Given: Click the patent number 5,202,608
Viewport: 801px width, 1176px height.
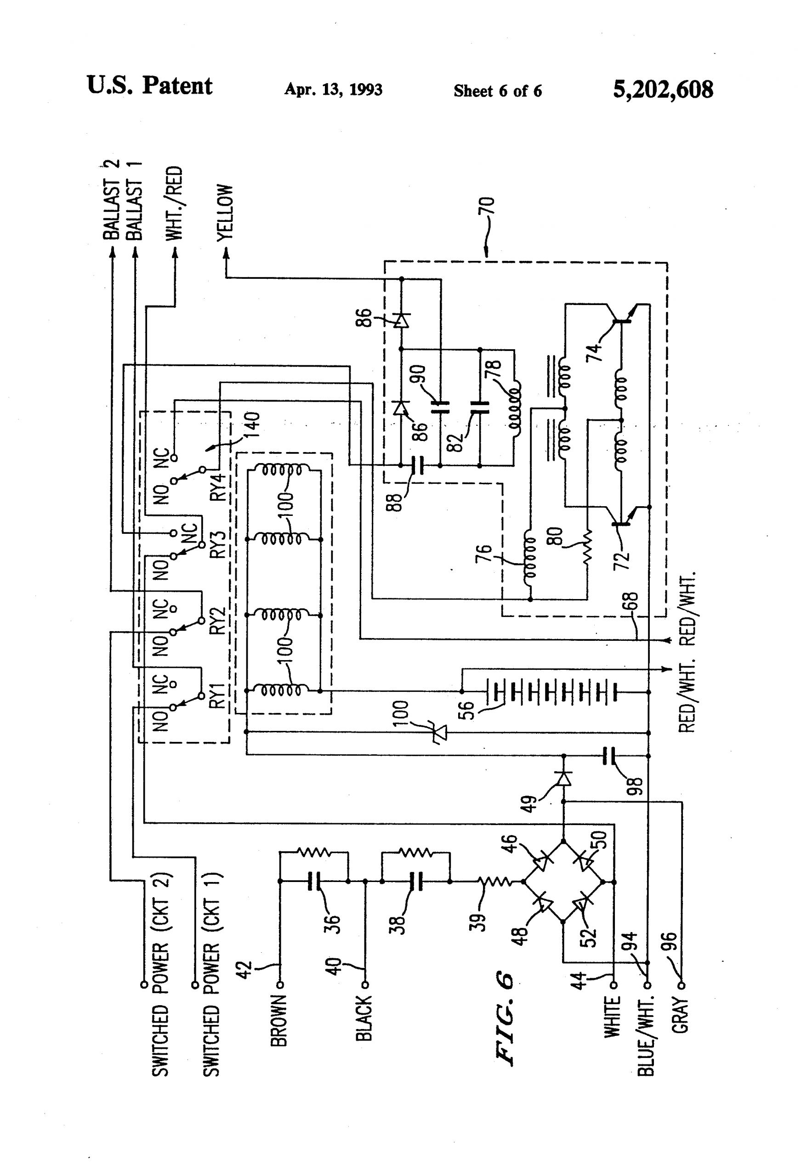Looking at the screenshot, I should tap(662, 90).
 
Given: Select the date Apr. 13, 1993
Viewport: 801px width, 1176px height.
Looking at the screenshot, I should tap(333, 90).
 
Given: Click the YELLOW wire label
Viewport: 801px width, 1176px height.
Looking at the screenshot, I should tap(225, 212).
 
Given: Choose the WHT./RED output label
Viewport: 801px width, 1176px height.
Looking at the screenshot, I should tap(174, 203).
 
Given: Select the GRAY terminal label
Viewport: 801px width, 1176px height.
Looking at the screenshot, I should tap(681, 1014).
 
